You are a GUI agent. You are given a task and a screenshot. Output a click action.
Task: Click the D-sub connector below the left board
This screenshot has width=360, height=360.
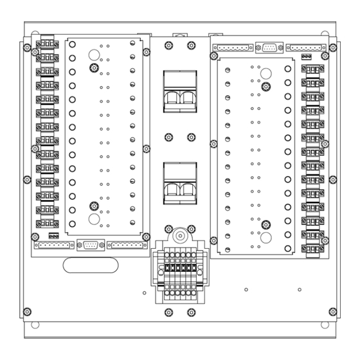tap(89, 245)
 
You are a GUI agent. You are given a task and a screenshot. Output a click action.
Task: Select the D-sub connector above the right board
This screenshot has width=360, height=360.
tap(268, 48)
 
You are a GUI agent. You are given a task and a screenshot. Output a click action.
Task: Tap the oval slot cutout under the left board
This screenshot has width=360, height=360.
tap(85, 264)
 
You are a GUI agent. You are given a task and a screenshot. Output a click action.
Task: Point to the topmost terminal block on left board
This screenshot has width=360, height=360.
tap(47, 44)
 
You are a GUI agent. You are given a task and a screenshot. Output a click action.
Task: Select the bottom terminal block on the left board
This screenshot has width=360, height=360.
tap(47, 224)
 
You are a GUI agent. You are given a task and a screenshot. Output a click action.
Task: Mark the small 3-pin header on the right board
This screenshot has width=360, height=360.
tap(307, 57)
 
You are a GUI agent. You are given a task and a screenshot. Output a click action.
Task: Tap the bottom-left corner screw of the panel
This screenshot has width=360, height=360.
tap(26, 312)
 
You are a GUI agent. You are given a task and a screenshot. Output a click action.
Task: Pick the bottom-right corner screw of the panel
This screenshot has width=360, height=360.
tap(332, 312)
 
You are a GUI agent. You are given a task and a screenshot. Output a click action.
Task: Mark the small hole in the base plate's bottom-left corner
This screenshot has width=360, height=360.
tap(35, 324)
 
